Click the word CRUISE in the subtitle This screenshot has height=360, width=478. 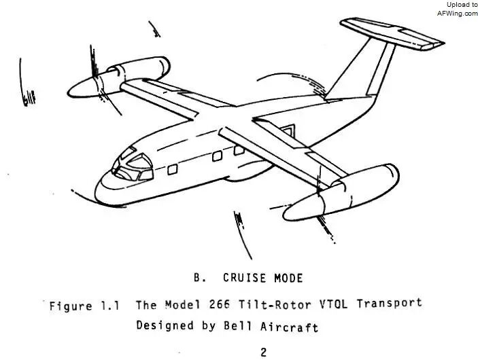coord(245,278)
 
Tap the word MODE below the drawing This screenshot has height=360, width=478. coord(288,278)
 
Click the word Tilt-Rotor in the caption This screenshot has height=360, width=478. coord(275,304)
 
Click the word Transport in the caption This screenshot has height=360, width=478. coord(390,304)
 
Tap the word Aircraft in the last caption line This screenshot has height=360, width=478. coord(289,327)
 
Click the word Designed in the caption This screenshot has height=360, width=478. coord(165,325)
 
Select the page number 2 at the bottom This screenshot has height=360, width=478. coord(263,353)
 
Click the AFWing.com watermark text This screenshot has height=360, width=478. coord(458,14)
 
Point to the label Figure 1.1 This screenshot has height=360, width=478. coord(84,306)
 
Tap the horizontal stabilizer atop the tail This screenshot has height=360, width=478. coord(392,33)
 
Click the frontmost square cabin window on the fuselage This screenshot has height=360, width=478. coord(173,169)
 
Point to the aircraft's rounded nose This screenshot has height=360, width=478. coord(107,190)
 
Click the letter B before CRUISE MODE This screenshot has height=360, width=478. coord(197,278)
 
